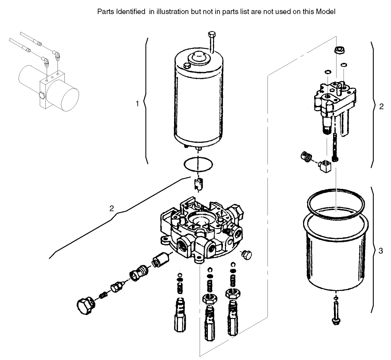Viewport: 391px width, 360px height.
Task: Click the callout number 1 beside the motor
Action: click(x=137, y=104)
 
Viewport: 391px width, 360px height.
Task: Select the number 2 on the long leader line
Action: click(x=111, y=208)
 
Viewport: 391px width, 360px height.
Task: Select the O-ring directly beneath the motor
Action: click(x=198, y=164)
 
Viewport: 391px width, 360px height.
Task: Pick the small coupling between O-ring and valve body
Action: click(x=198, y=185)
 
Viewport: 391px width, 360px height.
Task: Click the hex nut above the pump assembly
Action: click(x=338, y=51)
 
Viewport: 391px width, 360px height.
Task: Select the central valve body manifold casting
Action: click(x=201, y=229)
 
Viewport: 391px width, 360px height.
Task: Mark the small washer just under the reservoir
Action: click(x=336, y=299)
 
